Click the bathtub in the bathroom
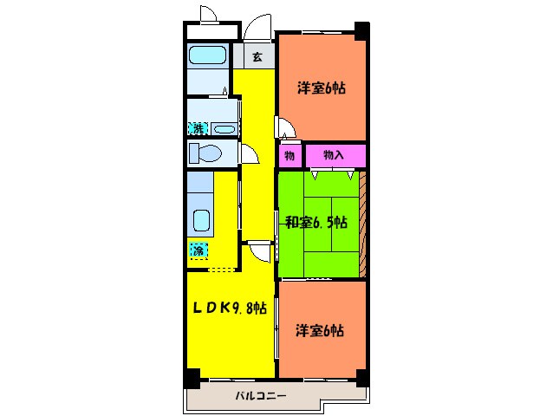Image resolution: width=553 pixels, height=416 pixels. click(x=207, y=55)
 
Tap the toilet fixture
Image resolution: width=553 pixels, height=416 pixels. click(x=205, y=153)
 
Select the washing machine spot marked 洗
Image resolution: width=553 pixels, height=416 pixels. click(x=198, y=128)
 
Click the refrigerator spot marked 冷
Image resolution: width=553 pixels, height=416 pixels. click(x=198, y=250)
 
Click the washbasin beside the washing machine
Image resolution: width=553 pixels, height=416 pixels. click(x=224, y=128)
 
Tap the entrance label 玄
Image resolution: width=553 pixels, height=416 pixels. click(x=257, y=56)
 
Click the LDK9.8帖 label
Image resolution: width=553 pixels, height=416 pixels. click(x=230, y=309)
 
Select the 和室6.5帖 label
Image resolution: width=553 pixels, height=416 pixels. click(x=316, y=223)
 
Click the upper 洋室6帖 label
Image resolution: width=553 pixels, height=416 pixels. click(x=322, y=88)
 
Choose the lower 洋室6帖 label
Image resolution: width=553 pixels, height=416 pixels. click(x=320, y=331)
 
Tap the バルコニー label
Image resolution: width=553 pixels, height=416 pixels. click(x=261, y=395)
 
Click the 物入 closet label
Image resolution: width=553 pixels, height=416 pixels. click(x=334, y=154)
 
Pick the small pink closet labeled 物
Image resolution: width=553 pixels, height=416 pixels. click(x=290, y=155)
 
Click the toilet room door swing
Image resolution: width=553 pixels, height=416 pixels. click(x=250, y=153)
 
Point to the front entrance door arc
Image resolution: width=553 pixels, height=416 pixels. click(x=257, y=27)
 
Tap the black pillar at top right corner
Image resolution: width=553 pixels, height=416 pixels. click(x=361, y=30)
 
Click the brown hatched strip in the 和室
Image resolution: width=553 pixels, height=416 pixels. click(x=362, y=224)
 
